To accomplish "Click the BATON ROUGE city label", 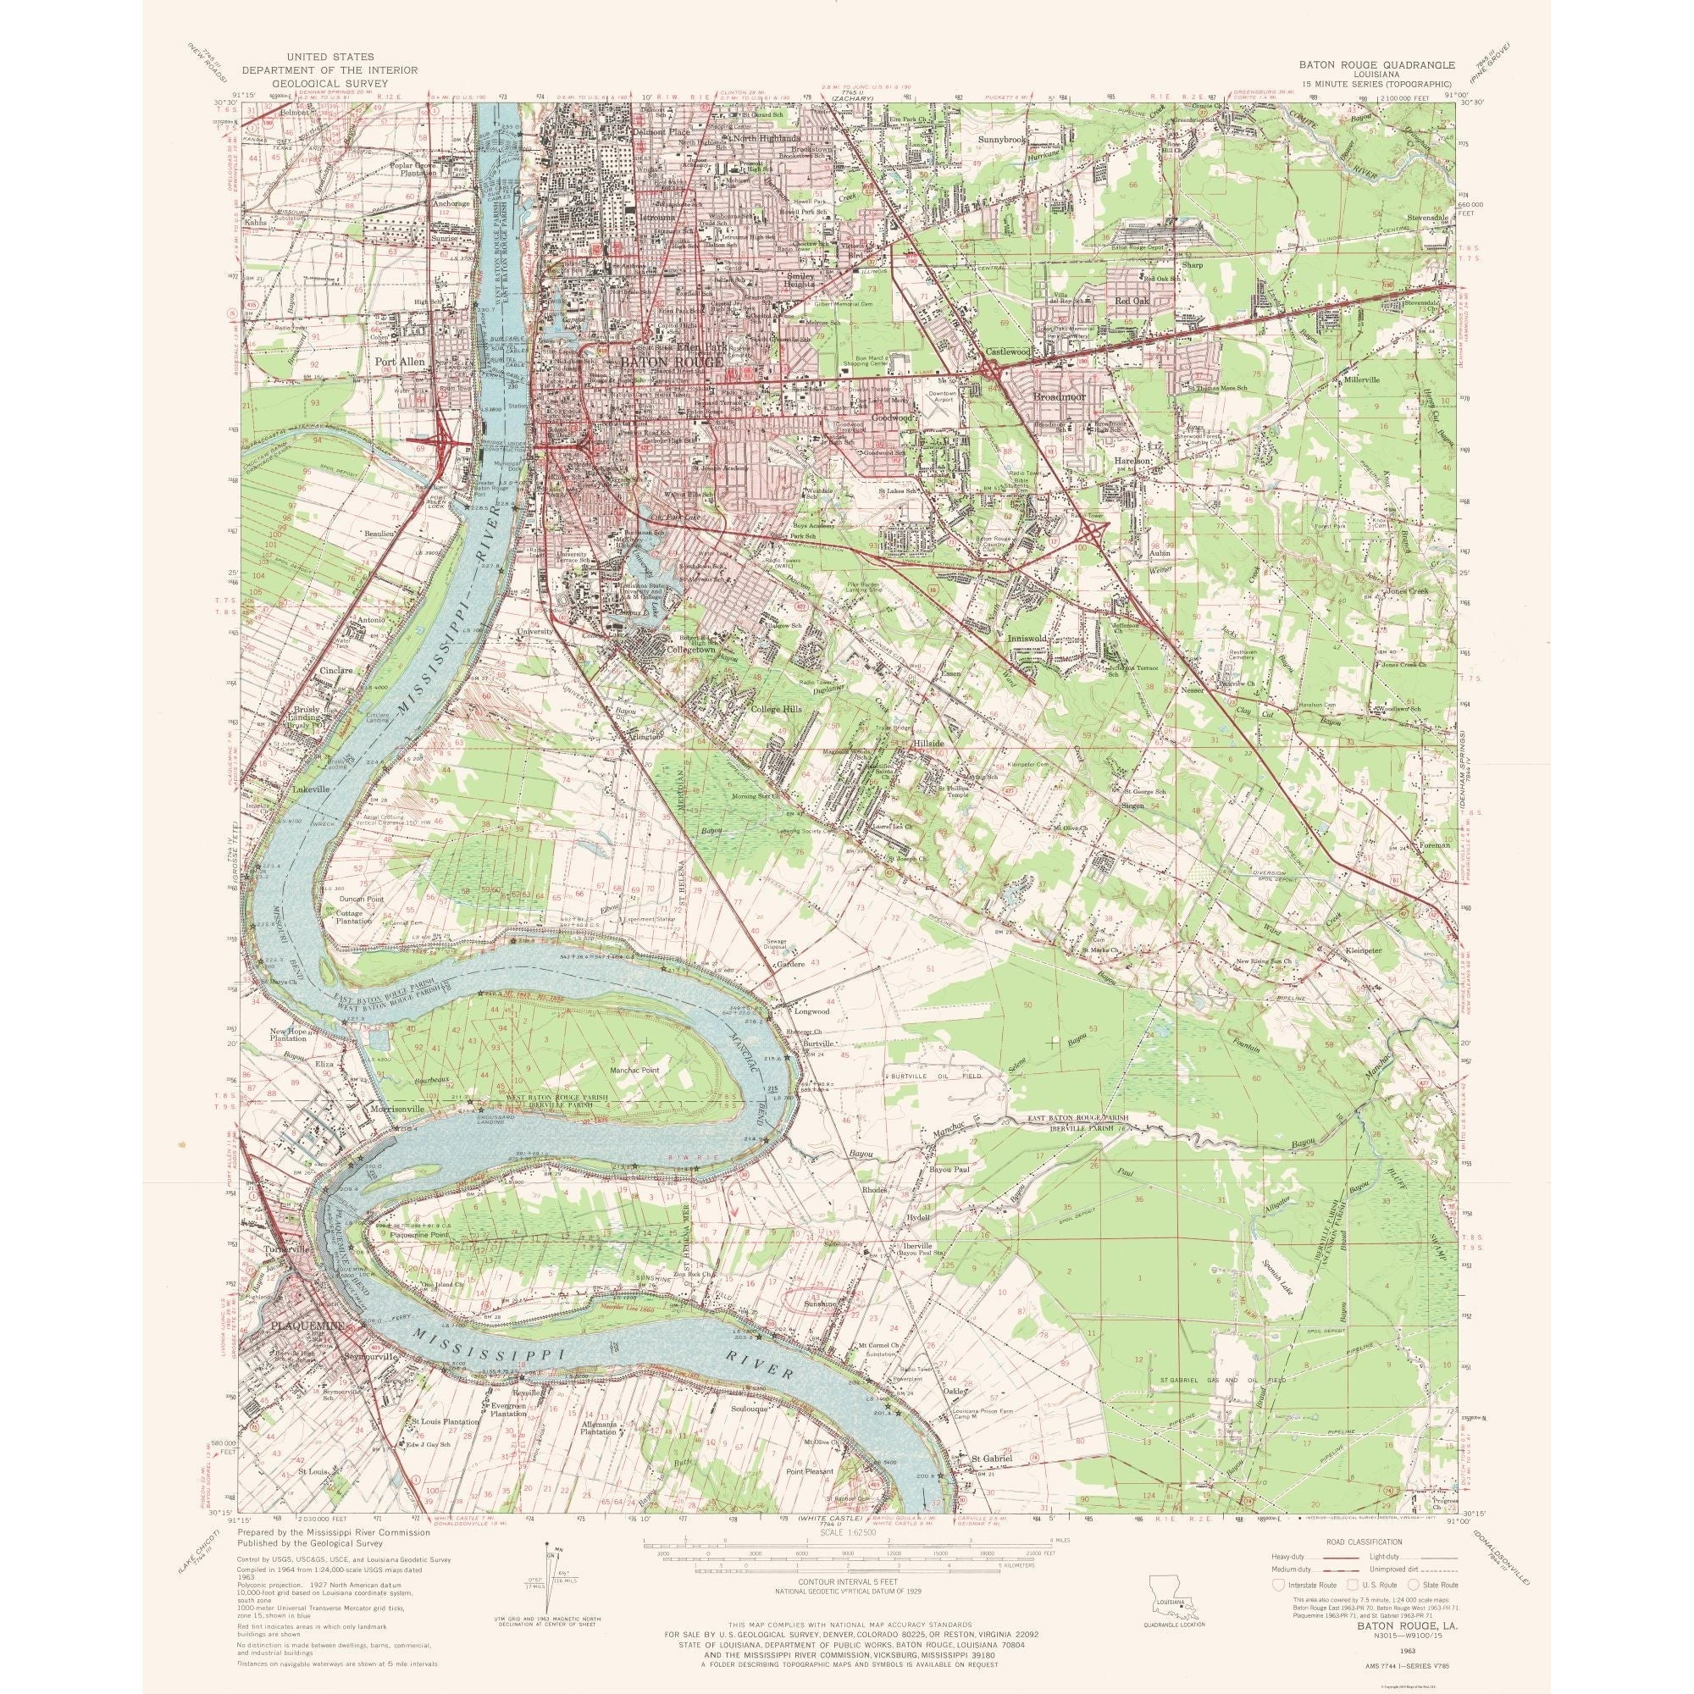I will [673, 362].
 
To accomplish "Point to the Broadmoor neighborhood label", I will [1060, 397].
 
